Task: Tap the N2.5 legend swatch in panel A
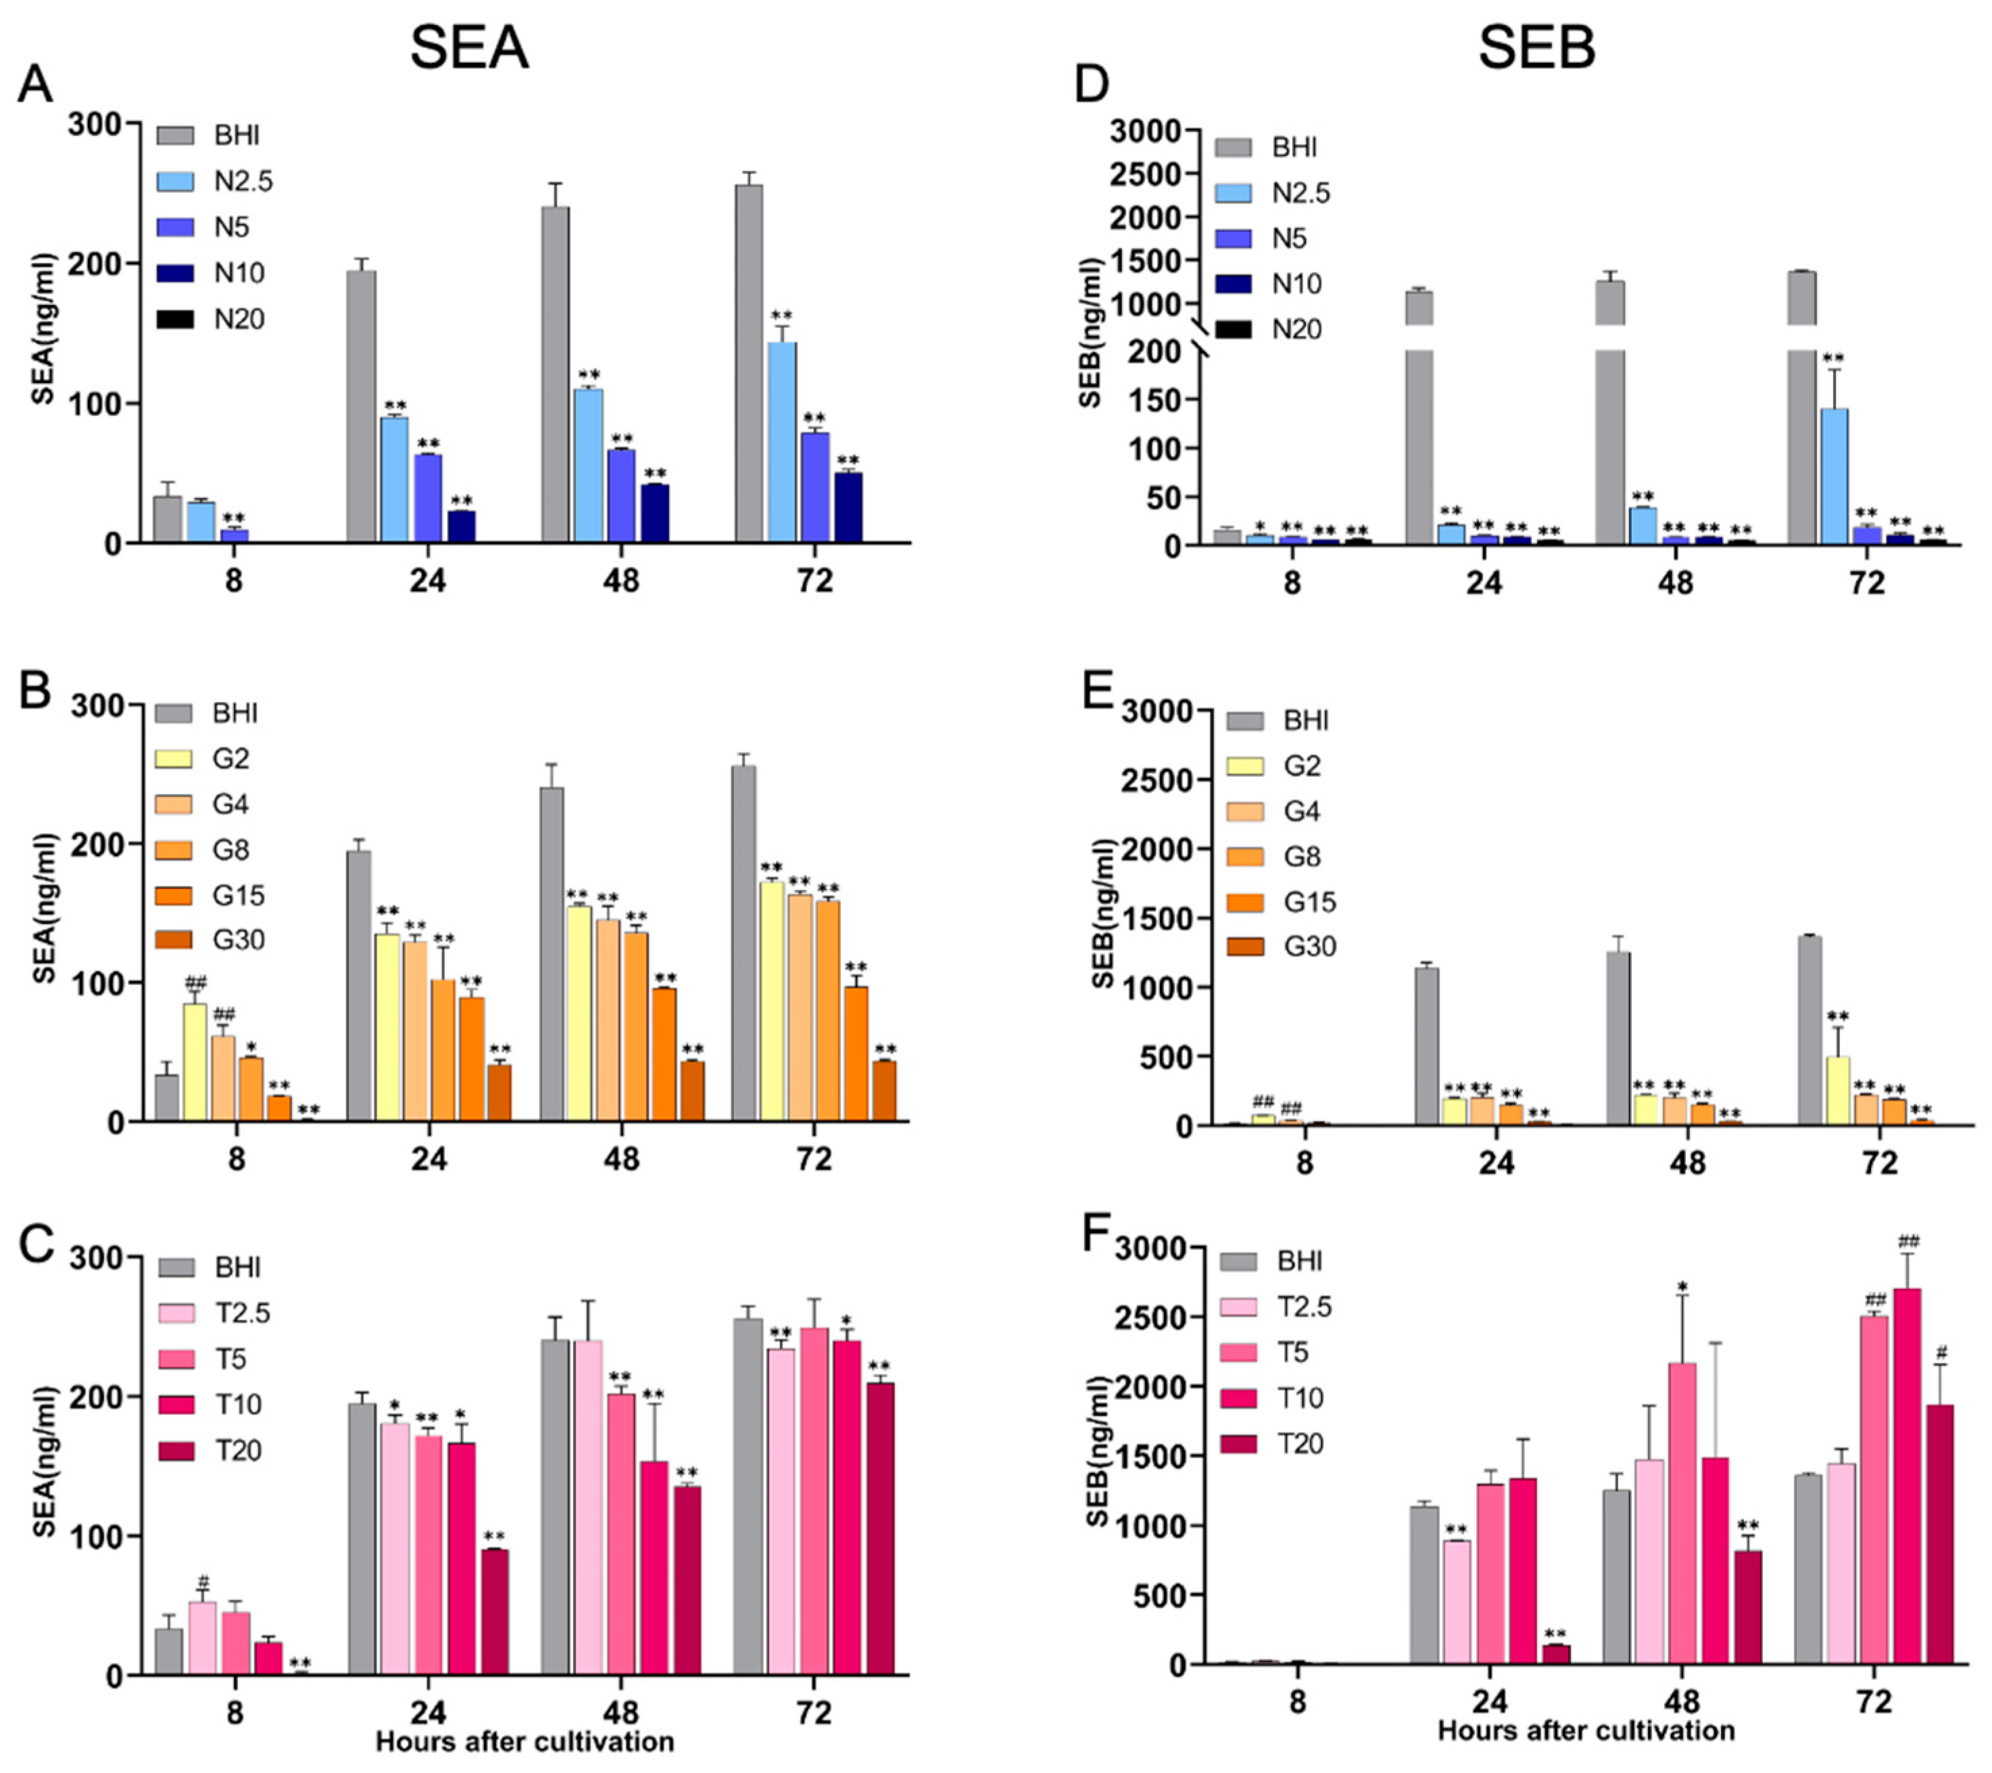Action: (176, 181)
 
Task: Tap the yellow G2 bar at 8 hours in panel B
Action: (195, 1063)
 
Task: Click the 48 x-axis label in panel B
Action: (621, 1159)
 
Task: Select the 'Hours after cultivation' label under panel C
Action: (525, 1741)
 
